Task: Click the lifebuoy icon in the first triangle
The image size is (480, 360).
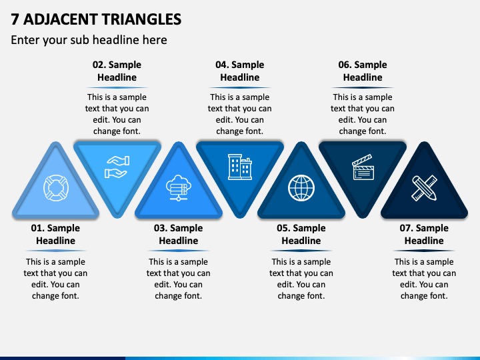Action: coord(55,187)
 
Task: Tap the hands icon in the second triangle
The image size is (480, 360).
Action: coord(117,167)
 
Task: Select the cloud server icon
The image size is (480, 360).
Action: coord(178,187)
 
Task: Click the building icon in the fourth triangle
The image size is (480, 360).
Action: coord(239,167)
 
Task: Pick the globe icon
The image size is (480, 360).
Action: coord(301,187)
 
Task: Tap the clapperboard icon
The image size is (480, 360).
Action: coord(362,167)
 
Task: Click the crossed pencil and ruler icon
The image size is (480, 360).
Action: coord(423,187)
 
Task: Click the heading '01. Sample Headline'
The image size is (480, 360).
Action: coord(55,234)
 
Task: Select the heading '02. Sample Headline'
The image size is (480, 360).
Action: coord(117,71)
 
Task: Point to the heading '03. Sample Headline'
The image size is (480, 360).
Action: coord(178,234)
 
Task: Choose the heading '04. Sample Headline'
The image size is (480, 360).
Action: coord(239,71)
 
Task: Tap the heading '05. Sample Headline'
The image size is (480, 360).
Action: coord(301,234)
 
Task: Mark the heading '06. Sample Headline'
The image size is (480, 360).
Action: coord(362,71)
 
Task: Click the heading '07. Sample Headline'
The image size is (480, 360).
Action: coord(423,234)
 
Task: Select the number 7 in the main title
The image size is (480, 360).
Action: coord(15,19)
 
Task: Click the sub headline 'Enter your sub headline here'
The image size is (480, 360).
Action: coord(89,40)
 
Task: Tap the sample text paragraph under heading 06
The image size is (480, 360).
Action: coord(362,114)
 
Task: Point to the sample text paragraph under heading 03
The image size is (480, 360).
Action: coord(178,279)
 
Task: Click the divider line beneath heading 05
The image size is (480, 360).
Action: coord(301,251)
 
